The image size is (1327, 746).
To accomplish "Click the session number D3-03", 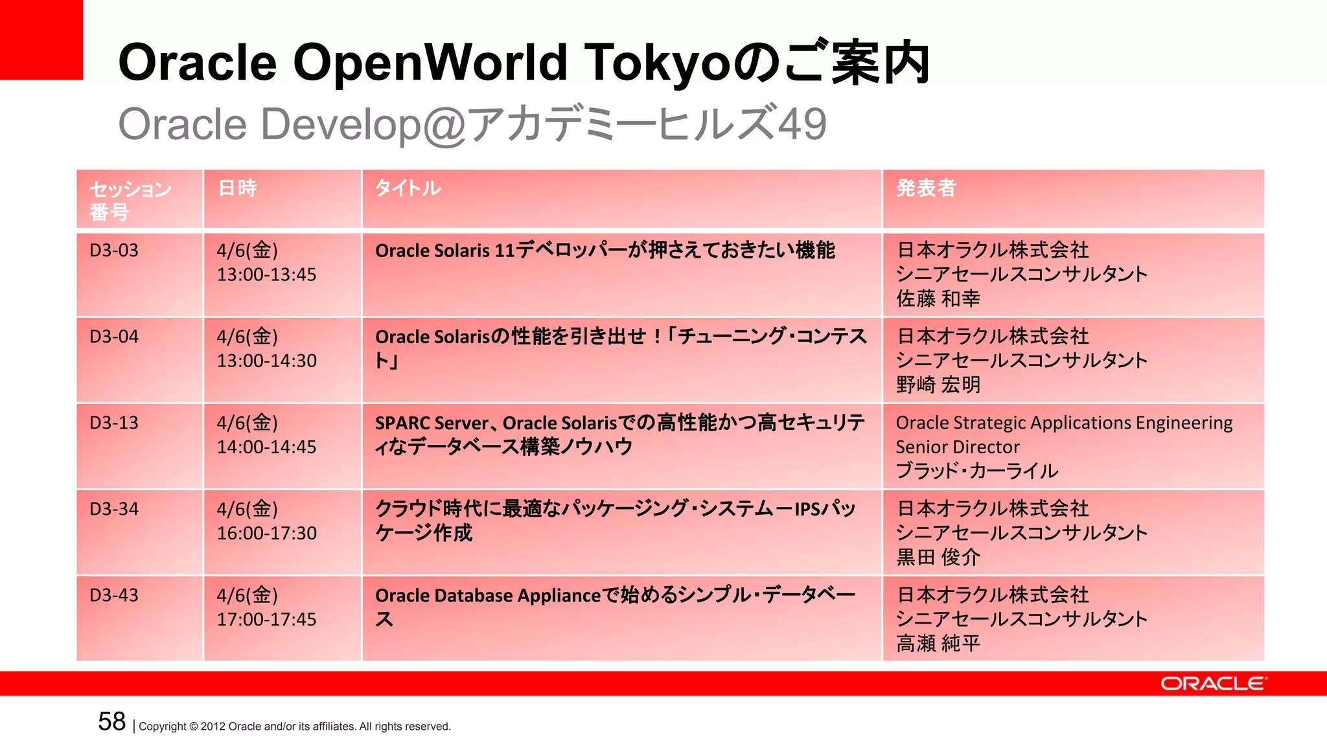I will [114, 251].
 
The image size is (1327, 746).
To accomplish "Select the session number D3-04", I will [114, 337].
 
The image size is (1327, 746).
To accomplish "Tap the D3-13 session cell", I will [114, 423].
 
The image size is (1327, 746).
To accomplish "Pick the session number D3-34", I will [114, 509].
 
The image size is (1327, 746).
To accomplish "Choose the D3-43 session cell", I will [114, 595].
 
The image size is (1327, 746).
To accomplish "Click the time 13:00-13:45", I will [266, 275].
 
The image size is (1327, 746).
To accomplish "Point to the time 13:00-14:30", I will [266, 361].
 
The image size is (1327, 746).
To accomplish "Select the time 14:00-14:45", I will [266, 447].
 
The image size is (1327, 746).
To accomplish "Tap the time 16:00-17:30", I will [266, 533].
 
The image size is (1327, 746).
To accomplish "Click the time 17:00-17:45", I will [266, 619].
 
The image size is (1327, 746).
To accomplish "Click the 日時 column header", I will [238, 188].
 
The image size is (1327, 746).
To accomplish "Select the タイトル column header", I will [408, 188].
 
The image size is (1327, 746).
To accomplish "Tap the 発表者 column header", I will [926, 188].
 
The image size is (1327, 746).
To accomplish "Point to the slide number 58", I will [111, 721].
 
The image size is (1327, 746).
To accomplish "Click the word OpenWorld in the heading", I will [431, 63].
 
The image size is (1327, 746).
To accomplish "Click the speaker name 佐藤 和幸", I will [938, 299].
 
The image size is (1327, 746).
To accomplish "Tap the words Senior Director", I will [957, 447].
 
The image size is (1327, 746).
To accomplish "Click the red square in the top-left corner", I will [41, 40].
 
